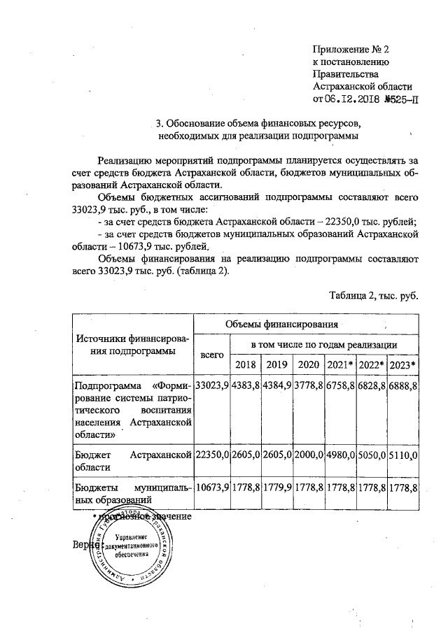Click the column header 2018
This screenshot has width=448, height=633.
[x=245, y=364]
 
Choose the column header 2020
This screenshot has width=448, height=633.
[x=308, y=364]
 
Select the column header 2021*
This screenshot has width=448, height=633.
[x=339, y=364]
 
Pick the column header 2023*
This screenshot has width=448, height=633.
[x=402, y=364]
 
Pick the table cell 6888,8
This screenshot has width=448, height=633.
[x=402, y=385]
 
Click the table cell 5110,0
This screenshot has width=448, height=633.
[x=402, y=455]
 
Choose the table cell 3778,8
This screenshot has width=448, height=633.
[x=308, y=385]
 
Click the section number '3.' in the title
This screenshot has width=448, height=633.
[x=160, y=123]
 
